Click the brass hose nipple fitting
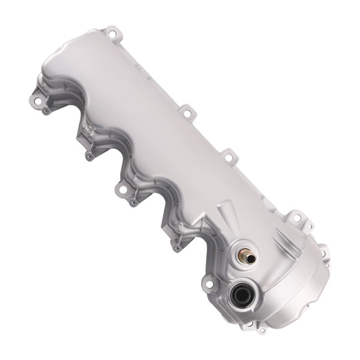[x=247, y=257]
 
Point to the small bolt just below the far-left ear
[x=47, y=111]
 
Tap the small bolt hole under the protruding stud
[x=89, y=157]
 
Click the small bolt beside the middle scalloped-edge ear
[x=133, y=203]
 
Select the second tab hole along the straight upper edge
[x=187, y=112]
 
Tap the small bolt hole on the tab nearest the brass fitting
[x=178, y=247]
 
